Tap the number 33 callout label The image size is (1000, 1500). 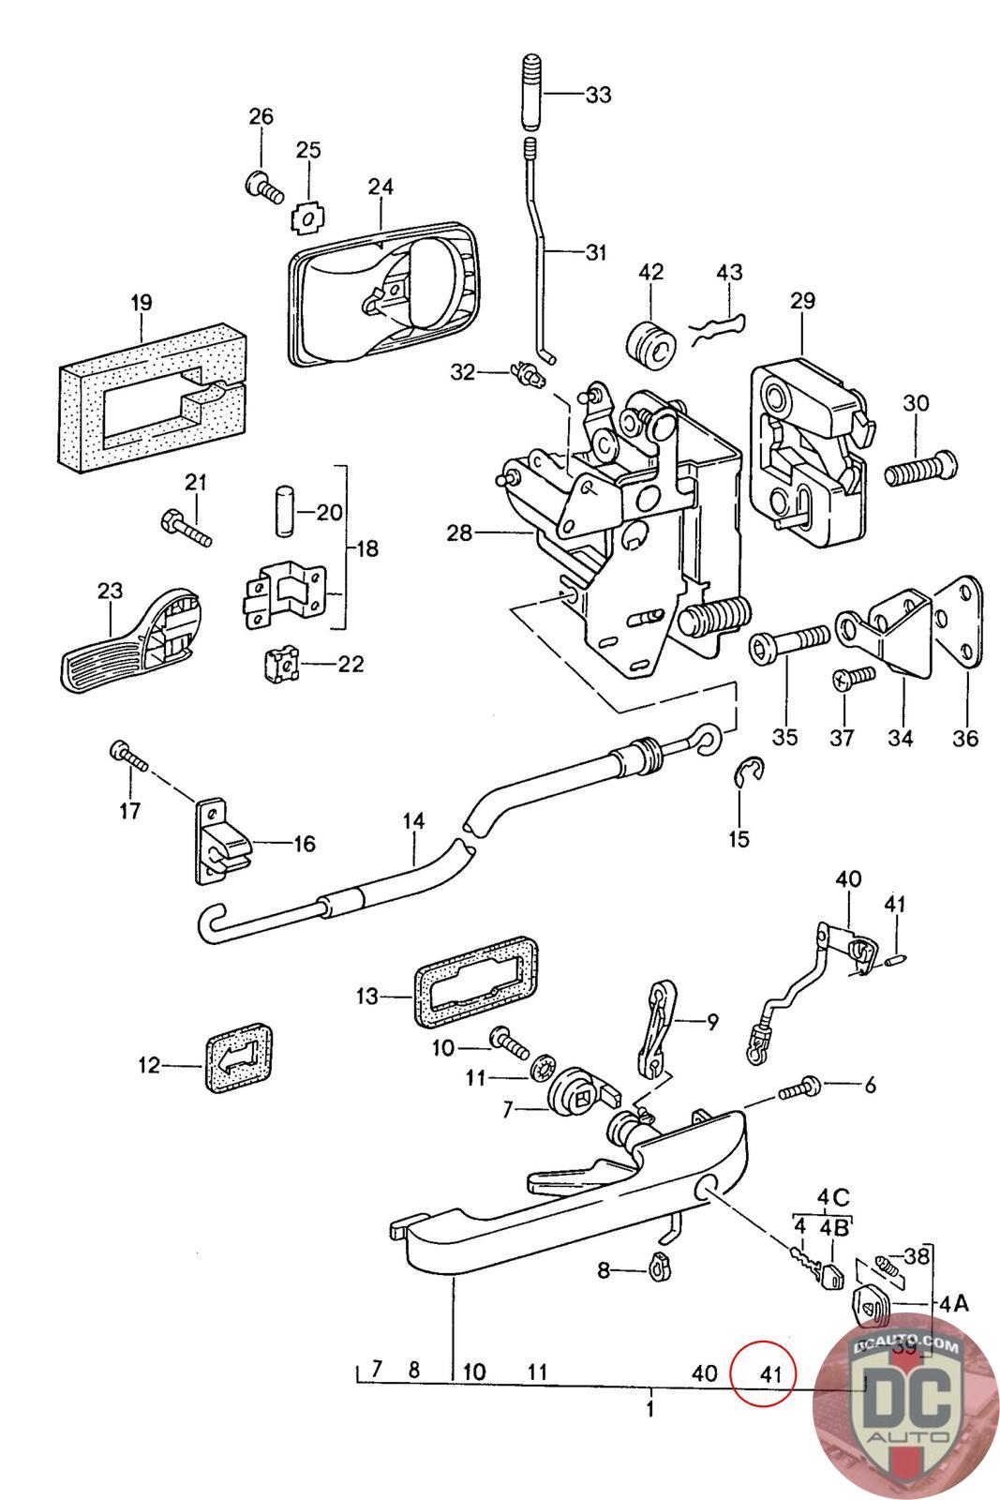[598, 95]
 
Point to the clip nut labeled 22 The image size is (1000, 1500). [283, 667]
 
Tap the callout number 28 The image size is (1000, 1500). [460, 534]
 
